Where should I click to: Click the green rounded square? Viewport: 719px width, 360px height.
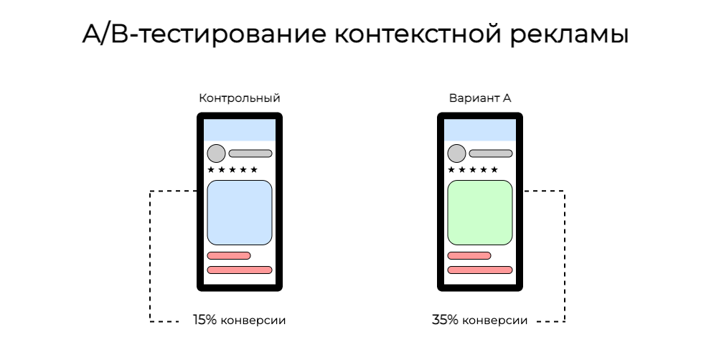(480, 212)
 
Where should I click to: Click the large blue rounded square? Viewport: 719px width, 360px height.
(240, 212)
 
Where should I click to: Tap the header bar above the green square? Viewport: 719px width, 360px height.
(480, 131)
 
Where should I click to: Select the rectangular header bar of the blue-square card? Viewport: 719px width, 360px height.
(240, 131)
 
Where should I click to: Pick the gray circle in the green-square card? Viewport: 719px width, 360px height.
(456, 153)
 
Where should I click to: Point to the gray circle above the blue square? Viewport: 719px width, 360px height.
(216, 153)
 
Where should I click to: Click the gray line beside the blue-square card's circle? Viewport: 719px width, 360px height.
(250, 153)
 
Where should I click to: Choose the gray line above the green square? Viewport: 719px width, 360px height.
(491, 153)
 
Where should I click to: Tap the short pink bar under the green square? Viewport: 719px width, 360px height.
(469, 255)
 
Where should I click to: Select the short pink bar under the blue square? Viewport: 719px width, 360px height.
(229, 255)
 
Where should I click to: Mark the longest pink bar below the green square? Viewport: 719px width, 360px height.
(480, 270)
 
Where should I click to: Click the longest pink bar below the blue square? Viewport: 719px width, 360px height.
(240, 270)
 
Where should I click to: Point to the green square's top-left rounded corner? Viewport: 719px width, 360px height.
(451, 184)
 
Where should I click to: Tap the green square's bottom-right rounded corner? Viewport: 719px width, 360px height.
(509, 241)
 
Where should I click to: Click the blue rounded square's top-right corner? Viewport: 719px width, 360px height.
(268, 184)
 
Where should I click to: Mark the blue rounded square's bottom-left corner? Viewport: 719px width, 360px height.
(211, 241)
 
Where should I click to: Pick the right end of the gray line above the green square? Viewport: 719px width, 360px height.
(509, 153)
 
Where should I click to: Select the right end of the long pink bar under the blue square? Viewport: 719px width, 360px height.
(269, 270)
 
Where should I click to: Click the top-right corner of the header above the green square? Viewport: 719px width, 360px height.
(514, 120)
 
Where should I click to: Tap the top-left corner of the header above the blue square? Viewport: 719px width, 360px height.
(205, 120)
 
